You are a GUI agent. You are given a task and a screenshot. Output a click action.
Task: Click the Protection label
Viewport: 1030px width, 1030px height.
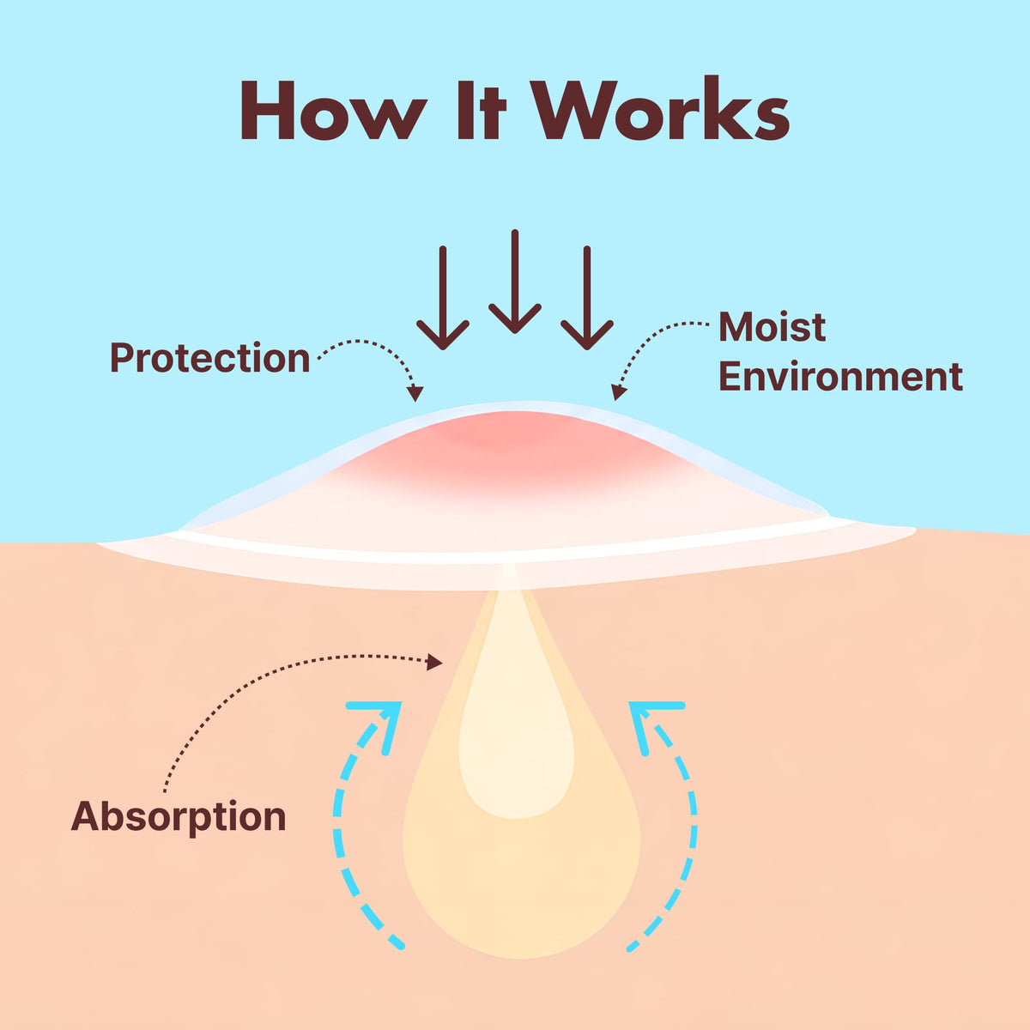210,357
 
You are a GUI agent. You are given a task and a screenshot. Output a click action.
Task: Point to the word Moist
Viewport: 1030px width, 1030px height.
772,326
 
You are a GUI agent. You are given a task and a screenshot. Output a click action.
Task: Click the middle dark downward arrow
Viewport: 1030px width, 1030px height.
515,282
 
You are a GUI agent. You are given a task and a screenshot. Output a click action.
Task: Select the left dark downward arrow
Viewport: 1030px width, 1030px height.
443,298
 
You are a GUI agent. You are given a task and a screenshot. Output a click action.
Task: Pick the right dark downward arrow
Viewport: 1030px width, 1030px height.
587,298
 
